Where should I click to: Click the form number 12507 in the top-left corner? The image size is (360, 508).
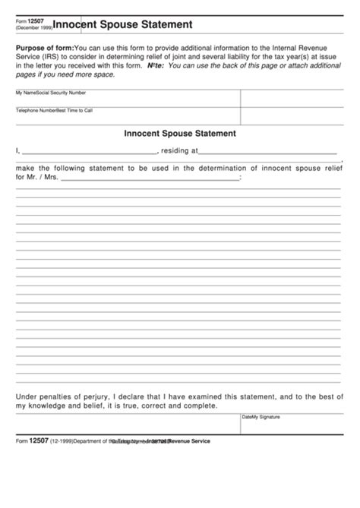pos(35,21)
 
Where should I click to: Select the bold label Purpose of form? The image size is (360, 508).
pos(46,47)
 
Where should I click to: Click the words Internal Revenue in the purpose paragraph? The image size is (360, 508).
pos(317,47)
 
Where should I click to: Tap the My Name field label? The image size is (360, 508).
pos(25,93)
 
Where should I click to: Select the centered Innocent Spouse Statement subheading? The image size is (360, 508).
pos(180,134)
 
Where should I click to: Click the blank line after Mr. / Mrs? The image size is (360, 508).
pos(150,179)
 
